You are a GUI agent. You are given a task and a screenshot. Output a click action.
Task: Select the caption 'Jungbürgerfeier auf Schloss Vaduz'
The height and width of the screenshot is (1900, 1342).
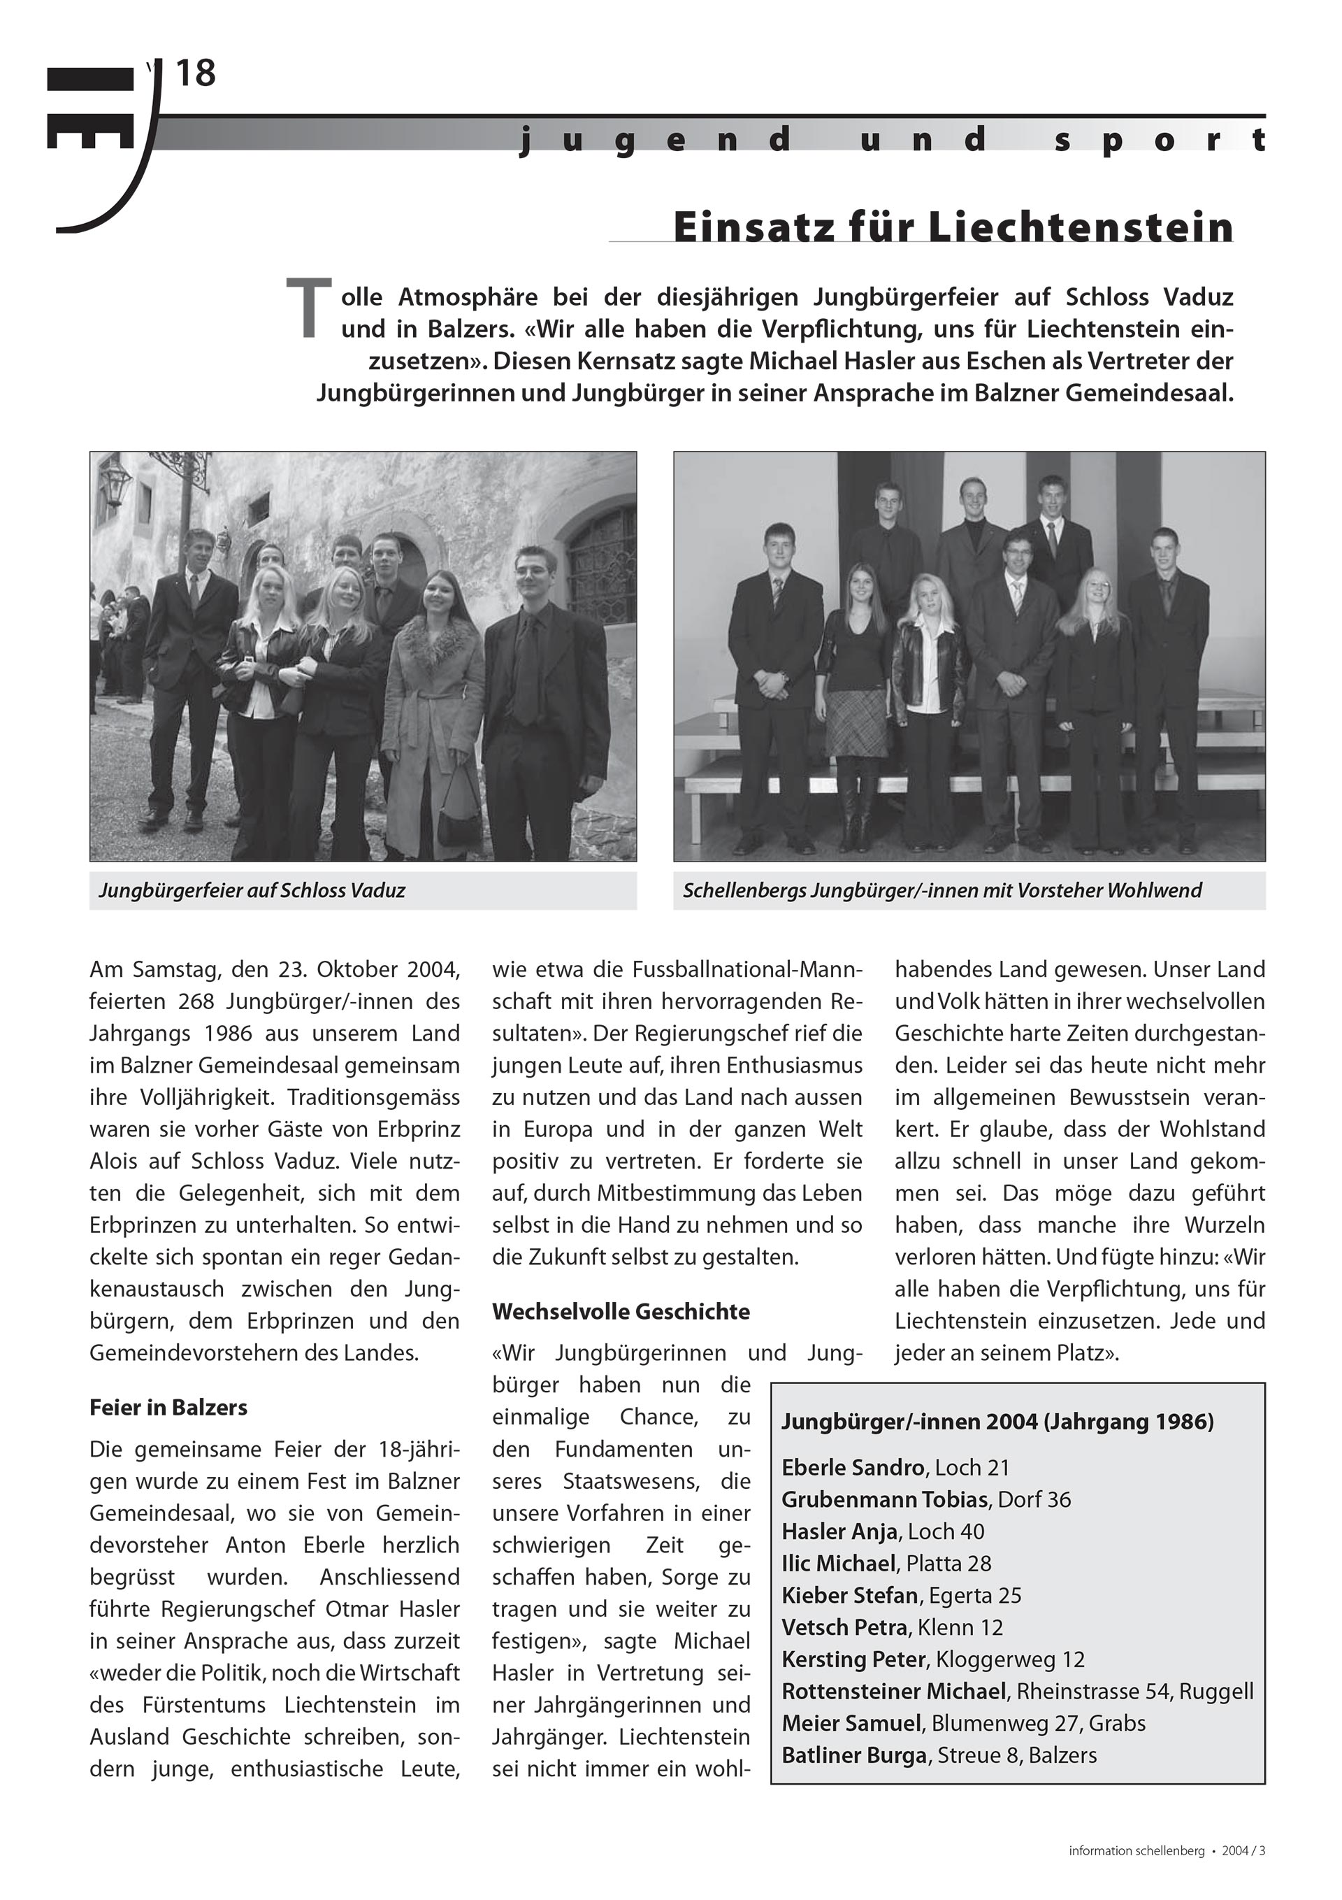[252, 891]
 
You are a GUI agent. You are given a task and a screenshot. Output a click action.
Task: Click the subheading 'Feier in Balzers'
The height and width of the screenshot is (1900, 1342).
[168, 1408]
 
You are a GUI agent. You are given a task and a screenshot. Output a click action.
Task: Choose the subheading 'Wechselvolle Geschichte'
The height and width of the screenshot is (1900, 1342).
[621, 1312]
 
